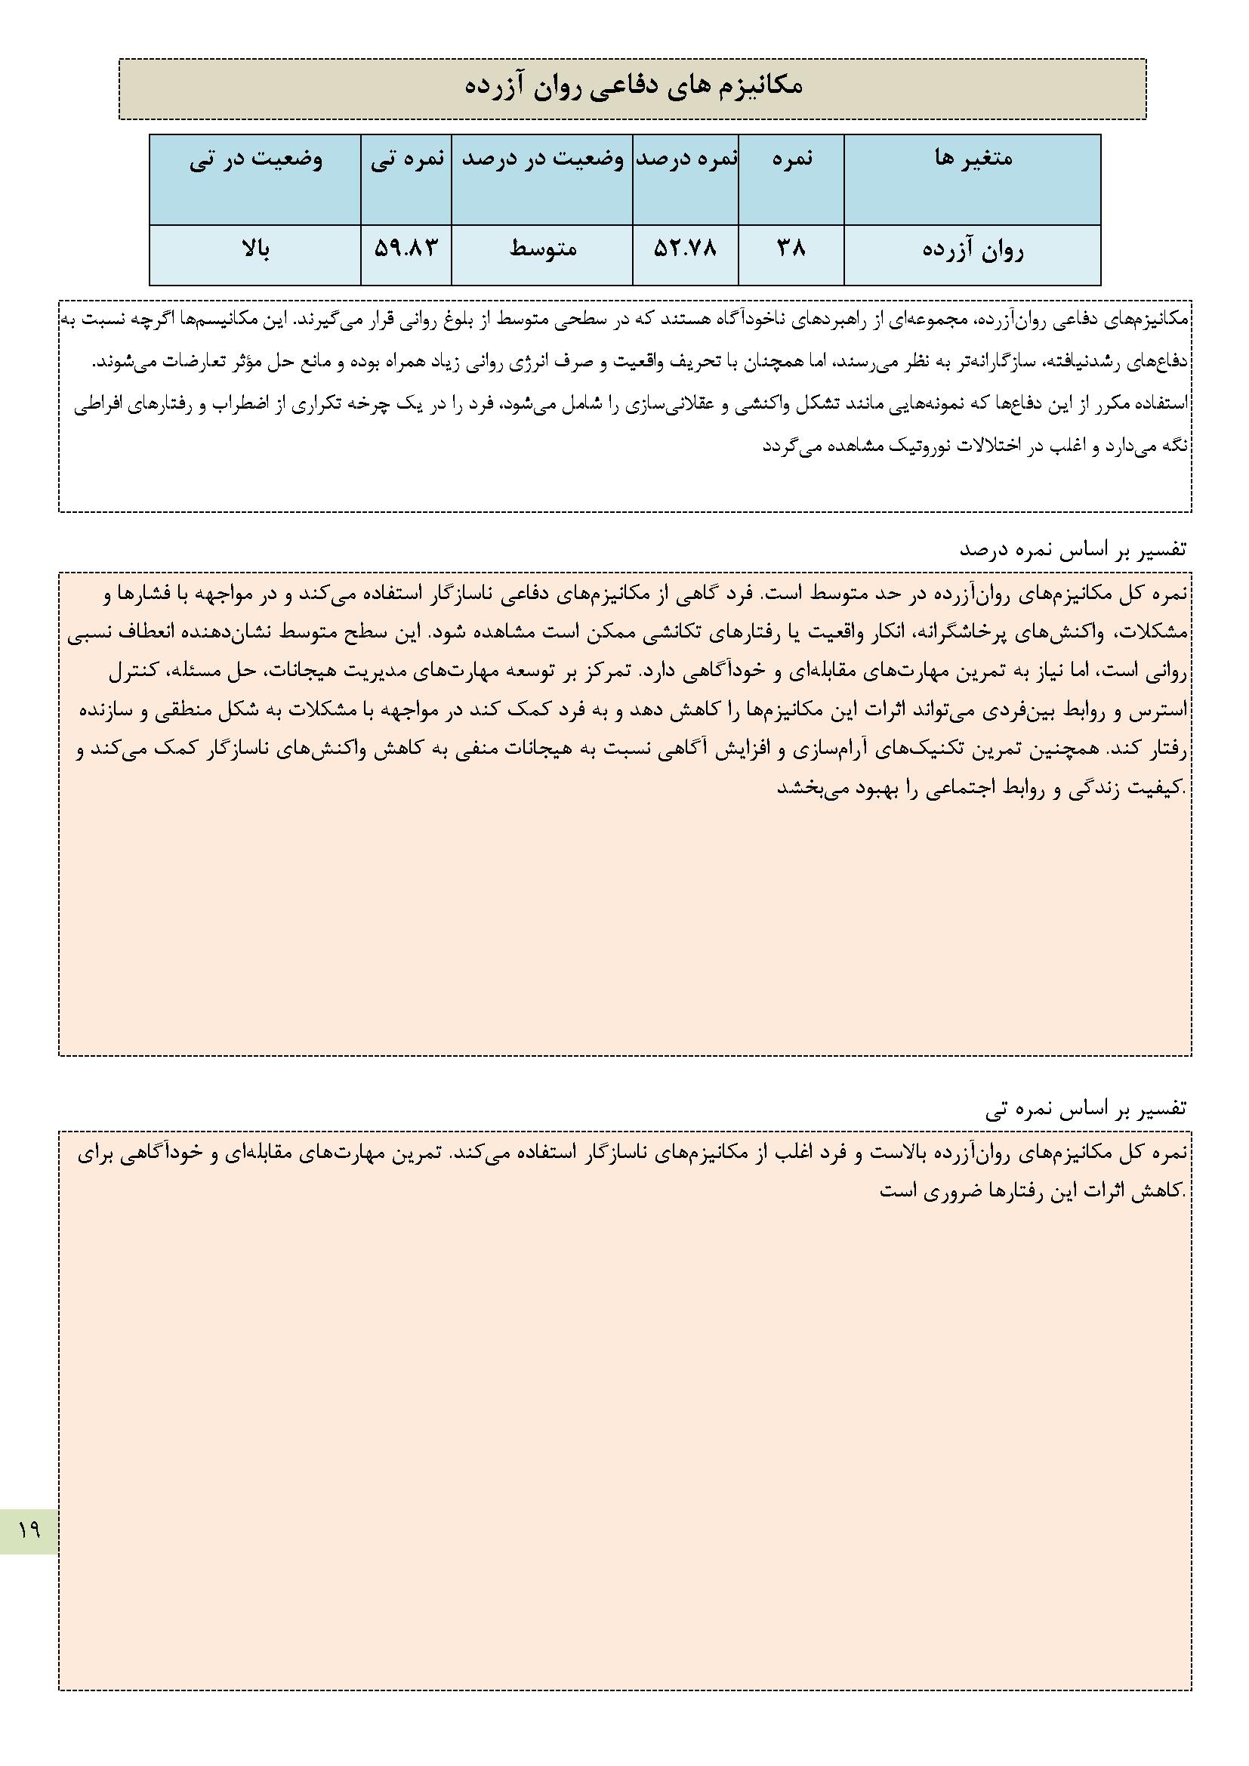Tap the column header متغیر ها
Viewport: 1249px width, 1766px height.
point(972,159)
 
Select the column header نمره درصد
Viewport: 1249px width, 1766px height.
point(685,159)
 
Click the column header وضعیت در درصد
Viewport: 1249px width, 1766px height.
point(541,159)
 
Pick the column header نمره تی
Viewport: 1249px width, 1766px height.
point(406,159)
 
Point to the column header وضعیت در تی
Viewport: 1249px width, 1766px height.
point(255,159)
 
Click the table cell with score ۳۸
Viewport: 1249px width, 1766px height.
point(791,249)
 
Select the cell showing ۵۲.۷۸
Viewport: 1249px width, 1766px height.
point(685,249)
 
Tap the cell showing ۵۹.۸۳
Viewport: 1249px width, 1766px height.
point(406,249)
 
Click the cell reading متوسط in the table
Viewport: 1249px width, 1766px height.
point(543,249)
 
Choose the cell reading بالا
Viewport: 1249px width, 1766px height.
point(255,249)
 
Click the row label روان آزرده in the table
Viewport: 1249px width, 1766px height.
point(972,251)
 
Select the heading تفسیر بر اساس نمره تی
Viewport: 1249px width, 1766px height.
point(1086,1109)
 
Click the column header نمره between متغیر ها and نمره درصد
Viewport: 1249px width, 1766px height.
point(791,159)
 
